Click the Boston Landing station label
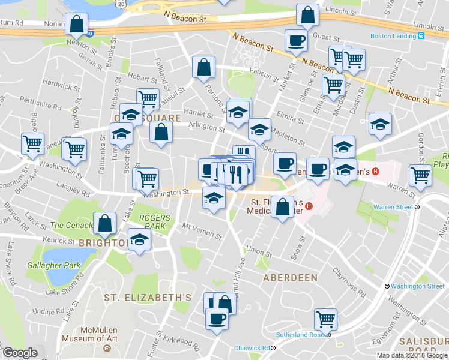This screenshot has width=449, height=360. pyautogui.click(x=393, y=36)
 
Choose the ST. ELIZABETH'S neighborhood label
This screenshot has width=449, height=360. pyautogui.click(x=147, y=297)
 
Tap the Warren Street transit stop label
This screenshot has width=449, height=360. pyautogui.click(x=394, y=206)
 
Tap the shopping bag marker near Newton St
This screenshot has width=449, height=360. pyautogui.click(x=77, y=25)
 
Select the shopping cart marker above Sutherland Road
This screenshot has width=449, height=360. pyautogui.click(x=325, y=318)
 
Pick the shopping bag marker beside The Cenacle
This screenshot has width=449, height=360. pyautogui.click(x=105, y=223)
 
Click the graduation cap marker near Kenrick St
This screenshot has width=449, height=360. pyautogui.click(x=139, y=241)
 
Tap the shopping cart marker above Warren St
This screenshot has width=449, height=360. pyautogui.click(x=420, y=175)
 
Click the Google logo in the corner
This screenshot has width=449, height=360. pyautogui.click(x=20, y=353)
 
